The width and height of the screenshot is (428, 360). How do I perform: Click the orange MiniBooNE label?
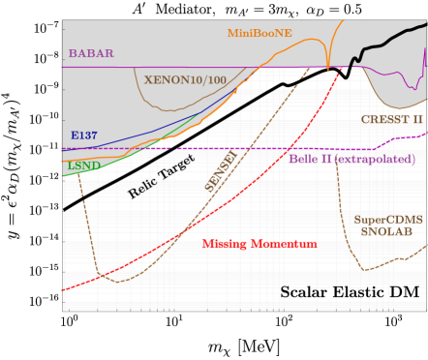point(260,33)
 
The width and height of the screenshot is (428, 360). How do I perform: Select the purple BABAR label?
point(90,53)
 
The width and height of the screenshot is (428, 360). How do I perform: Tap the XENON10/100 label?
point(185,79)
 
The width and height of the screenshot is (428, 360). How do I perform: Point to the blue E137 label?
point(83,135)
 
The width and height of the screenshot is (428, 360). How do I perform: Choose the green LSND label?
point(82,165)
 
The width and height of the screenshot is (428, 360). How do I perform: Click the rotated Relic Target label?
point(162,176)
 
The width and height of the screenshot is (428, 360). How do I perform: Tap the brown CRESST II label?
point(391,119)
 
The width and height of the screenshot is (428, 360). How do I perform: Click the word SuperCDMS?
point(387,220)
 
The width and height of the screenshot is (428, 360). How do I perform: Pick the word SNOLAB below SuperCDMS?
point(387,233)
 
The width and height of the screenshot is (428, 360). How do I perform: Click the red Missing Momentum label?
point(260,244)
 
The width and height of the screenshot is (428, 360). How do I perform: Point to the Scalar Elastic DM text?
point(351,291)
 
